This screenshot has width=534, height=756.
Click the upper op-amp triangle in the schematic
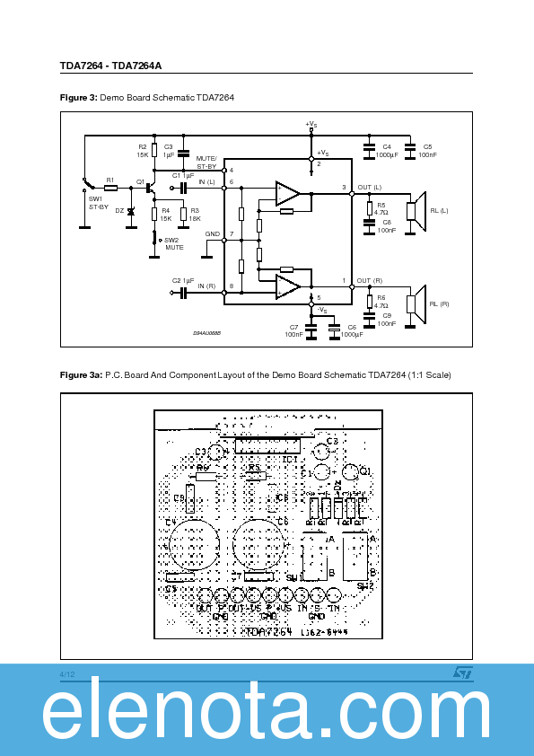coord(288,192)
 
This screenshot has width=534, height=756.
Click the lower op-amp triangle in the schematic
coord(288,286)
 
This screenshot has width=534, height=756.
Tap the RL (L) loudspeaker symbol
coord(414,210)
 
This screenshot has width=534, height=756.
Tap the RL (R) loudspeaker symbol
coord(414,303)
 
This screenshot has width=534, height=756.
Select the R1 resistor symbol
coord(110,188)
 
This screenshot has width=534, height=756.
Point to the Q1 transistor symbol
coord(150,189)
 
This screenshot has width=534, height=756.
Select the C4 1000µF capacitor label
coord(387,151)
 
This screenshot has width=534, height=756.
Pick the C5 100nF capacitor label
coord(427,151)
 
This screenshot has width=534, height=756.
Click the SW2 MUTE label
coord(172,243)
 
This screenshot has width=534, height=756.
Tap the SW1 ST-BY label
coord(97,203)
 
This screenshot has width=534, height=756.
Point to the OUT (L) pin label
coord(370,188)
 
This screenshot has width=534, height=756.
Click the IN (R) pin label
coord(206,286)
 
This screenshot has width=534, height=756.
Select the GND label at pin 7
coord(212,233)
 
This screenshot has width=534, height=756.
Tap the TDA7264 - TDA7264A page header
coord(111,66)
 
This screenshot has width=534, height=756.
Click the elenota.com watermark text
coord(267,716)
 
